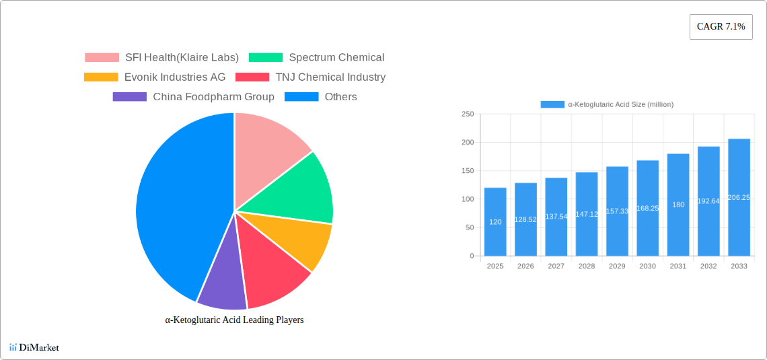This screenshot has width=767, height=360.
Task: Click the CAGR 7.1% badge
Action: tap(721, 27)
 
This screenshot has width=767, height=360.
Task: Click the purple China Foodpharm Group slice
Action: tap(222, 283)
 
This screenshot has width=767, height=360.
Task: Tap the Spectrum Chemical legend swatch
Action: tap(265, 58)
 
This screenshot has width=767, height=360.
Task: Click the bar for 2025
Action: tap(495, 222)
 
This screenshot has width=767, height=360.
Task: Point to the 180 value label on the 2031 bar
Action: tap(678, 205)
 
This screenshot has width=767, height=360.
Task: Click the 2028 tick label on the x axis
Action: tap(587, 266)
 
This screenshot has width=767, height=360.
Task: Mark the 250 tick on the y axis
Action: tap(468, 114)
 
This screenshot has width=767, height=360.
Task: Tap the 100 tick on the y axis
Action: tap(468, 199)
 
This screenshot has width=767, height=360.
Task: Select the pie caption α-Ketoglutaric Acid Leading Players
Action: tap(234, 320)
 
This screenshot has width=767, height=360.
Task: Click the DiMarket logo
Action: tap(35, 347)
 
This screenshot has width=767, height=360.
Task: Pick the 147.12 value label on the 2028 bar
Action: tap(587, 214)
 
